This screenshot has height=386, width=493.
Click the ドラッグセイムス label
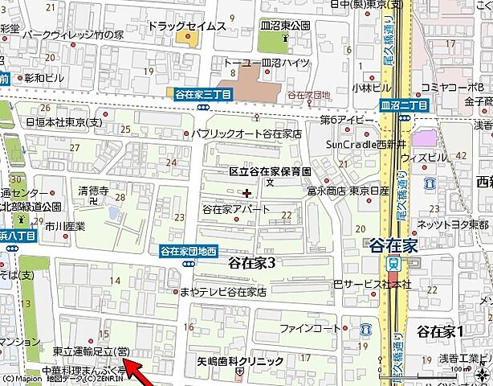(x=186, y=26)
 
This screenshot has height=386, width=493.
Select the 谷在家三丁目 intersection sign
(x=204, y=94)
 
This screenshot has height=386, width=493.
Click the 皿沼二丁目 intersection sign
(x=405, y=105)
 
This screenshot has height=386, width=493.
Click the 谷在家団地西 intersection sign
(x=189, y=250)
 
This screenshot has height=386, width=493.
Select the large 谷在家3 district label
(x=252, y=263)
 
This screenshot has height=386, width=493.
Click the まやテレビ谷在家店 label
(x=222, y=292)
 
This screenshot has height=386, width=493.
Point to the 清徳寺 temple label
(x=93, y=191)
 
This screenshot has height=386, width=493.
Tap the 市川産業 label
(x=65, y=227)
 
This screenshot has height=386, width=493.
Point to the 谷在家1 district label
(x=441, y=331)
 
